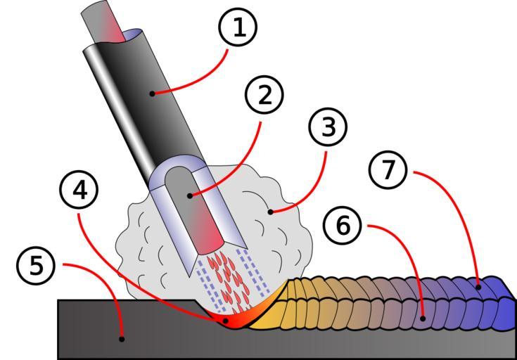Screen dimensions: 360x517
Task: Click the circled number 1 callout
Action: pos(238,27)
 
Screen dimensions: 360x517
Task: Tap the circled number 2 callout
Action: pos(264,95)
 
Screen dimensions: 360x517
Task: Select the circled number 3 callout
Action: pos(328,127)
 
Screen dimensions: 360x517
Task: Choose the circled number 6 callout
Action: pos(343,226)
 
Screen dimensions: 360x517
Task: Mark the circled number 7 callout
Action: pos(388,171)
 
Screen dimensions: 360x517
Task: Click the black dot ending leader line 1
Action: pos(151,93)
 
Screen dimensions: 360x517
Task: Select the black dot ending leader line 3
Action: pos(270,211)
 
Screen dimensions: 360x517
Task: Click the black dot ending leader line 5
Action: pos(122,339)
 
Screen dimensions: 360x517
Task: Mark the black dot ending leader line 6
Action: pos(423,319)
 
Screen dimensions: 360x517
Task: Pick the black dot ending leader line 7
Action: pos(479,286)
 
